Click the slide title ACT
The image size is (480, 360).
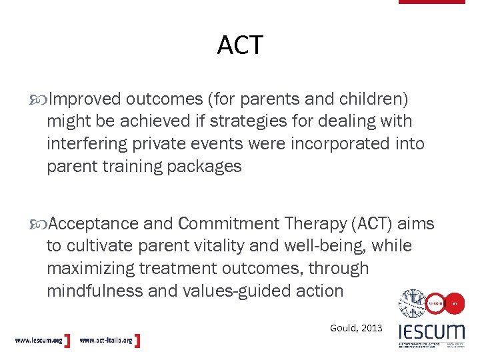(240, 45)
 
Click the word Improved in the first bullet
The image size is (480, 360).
(85, 99)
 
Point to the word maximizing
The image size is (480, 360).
(88, 269)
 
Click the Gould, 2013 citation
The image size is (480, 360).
(356, 327)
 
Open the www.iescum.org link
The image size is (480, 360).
(39, 341)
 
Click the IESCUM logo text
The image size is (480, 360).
(431, 331)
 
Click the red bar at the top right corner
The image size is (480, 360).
(431, 2)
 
